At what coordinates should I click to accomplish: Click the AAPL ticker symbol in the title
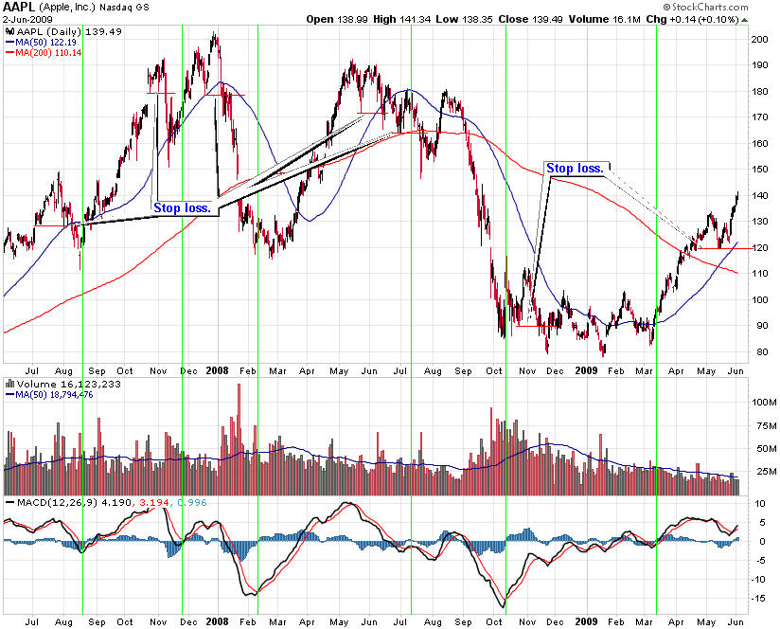18,7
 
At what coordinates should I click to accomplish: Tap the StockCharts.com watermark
709,8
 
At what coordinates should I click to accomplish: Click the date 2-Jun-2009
27,20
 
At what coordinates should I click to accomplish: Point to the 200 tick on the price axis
758,39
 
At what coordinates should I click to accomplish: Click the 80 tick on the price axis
756,352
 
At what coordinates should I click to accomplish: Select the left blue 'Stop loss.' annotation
182,205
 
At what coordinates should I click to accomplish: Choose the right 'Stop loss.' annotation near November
575,169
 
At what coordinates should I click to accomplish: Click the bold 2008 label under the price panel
218,370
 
